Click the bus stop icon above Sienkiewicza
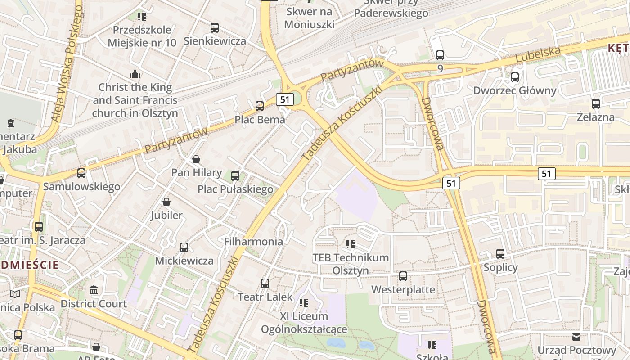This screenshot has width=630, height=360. (215, 28)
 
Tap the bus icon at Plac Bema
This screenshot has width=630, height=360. (260, 106)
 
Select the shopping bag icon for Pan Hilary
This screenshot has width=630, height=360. (196, 159)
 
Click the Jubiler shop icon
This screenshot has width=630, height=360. (166, 202)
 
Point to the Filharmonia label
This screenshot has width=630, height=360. (253, 242)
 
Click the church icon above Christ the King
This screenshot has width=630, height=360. (135, 74)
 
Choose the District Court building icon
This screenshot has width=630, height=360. (94, 290)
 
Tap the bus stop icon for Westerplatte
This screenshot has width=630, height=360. (403, 276)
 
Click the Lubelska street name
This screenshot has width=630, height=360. (538, 54)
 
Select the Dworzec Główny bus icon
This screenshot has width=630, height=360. (515, 77)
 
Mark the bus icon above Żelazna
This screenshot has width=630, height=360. (596, 104)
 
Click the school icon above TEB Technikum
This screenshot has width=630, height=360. (351, 244)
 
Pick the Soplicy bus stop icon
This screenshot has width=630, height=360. (500, 254)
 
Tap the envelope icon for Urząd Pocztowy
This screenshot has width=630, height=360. (576, 337)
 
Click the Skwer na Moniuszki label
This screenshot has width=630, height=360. (310, 18)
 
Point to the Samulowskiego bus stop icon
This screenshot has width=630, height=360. (81, 173)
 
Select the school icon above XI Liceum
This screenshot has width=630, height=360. (304, 303)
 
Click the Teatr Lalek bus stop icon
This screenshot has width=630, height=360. (265, 283)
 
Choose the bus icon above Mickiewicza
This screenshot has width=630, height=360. (184, 247)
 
